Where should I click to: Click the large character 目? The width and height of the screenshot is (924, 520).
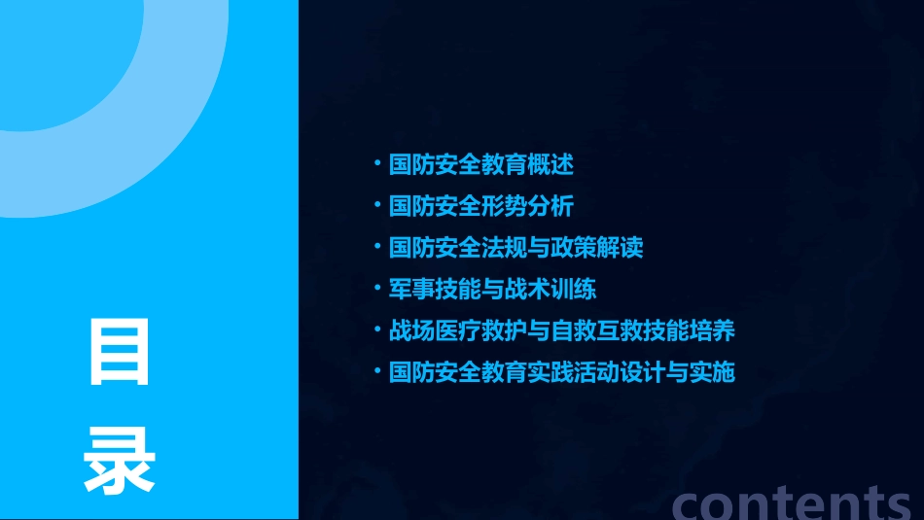120,351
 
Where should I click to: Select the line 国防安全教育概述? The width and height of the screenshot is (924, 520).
480,164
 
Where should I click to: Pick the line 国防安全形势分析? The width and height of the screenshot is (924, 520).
480,206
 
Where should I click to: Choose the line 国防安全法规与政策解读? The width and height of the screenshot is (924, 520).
515,248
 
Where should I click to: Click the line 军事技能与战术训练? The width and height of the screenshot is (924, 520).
492,290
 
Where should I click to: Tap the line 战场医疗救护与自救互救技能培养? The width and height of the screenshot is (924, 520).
561,330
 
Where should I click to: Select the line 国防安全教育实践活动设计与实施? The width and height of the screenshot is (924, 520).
561,372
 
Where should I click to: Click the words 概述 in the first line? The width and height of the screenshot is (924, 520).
551,164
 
